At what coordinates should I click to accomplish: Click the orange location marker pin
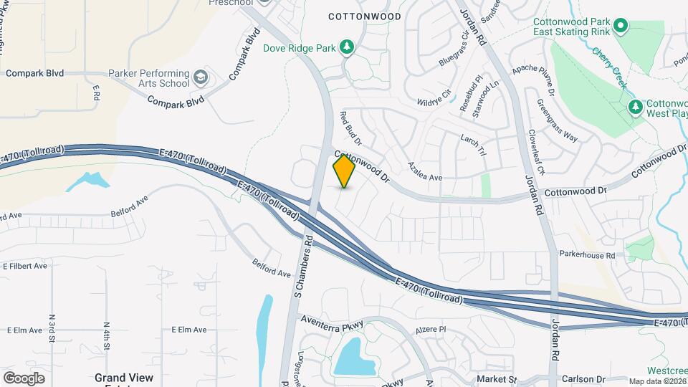pos(345,171)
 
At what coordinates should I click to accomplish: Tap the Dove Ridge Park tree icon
pos(347,47)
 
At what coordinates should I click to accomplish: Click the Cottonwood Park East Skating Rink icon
pos(620,27)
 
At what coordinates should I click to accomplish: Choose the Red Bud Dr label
pos(351,128)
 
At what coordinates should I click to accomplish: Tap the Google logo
pos(24,378)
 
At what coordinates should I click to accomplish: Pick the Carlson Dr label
pos(583,379)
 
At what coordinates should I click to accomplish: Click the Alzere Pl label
pos(431,330)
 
